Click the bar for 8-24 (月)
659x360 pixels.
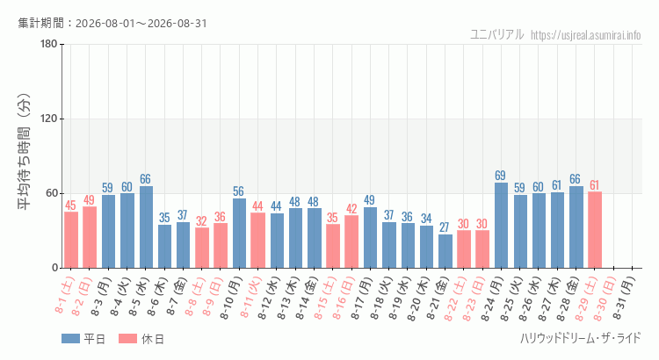(x=501, y=225)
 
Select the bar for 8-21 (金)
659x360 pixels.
(x=445, y=251)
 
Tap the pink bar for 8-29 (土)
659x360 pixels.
(x=595, y=230)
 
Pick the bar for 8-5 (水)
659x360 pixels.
(x=146, y=227)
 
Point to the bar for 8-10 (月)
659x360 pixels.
(x=239, y=234)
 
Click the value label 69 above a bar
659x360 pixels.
(x=500, y=175)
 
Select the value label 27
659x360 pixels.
(x=445, y=227)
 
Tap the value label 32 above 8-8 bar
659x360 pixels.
(x=201, y=221)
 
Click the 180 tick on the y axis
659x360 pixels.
(x=48, y=44)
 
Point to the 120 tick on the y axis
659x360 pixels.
(x=48, y=119)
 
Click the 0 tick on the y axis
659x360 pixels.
(x=54, y=268)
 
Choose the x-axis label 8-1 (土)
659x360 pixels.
(x=65, y=294)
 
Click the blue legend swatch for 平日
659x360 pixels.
(x=70, y=339)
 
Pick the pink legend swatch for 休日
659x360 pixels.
(x=127, y=339)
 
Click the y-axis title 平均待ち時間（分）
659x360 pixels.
(x=24, y=151)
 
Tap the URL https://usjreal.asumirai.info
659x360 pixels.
(x=585, y=35)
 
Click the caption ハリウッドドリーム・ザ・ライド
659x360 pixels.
(x=581, y=338)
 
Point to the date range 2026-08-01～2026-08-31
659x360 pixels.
(x=141, y=23)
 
